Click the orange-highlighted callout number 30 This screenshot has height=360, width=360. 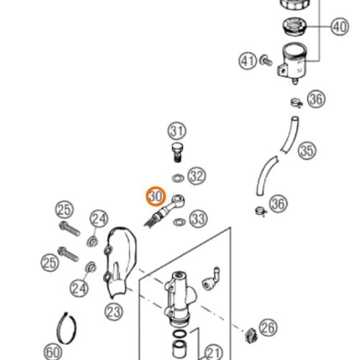pyautogui.click(x=156, y=197)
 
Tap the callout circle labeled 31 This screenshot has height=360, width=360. pyautogui.click(x=177, y=131)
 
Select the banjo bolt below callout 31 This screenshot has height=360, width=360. pyautogui.click(x=177, y=152)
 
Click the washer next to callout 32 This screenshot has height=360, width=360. pyautogui.click(x=178, y=179)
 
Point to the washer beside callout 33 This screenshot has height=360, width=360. pyautogui.click(x=179, y=222)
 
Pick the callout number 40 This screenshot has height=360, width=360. pyautogui.click(x=340, y=27)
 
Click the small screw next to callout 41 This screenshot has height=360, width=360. pyautogui.click(x=266, y=60)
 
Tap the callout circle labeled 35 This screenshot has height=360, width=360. pyautogui.click(x=307, y=150)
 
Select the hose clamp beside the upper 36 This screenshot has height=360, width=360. pyautogui.click(x=297, y=103)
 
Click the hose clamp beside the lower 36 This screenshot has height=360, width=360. pyautogui.click(x=261, y=211)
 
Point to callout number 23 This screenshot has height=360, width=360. pyautogui.click(x=114, y=312)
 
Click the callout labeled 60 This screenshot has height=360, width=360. pyautogui.click(x=53, y=352)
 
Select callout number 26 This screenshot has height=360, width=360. pyautogui.click(x=268, y=328)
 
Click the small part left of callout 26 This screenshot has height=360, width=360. pyautogui.click(x=251, y=336)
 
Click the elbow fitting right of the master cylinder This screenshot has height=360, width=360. pyautogui.click(x=211, y=279)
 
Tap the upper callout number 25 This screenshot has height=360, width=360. pyautogui.click(x=64, y=210)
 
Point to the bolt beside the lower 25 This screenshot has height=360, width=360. pyautogui.click(x=68, y=254)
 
